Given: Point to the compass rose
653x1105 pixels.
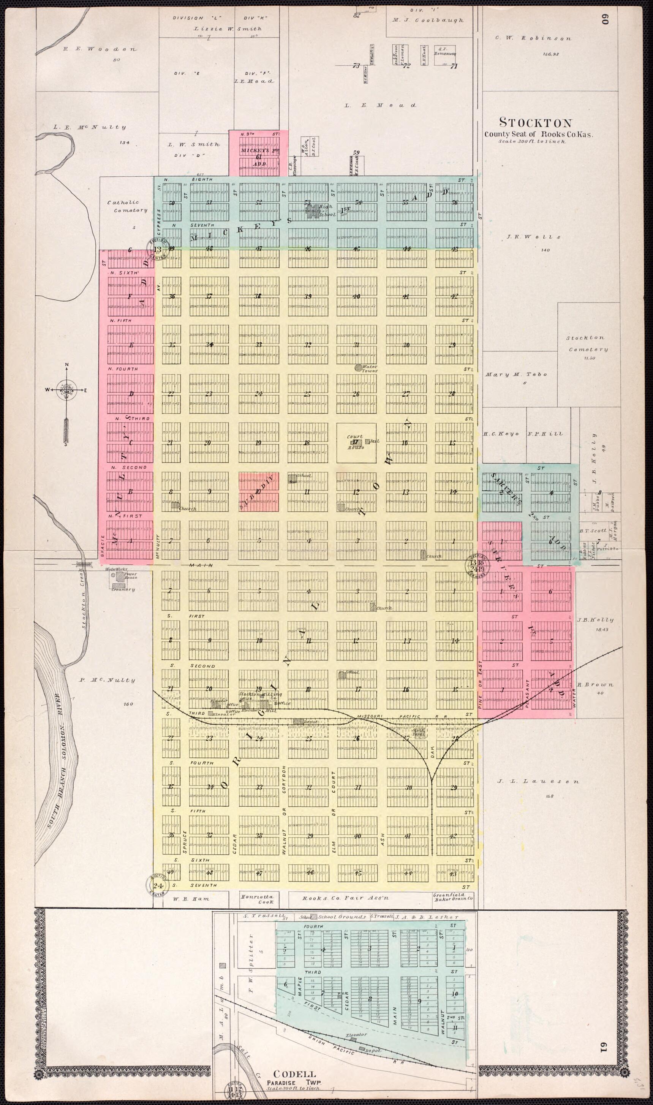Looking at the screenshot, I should [x=67, y=389].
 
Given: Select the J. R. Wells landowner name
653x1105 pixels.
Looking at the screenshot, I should [x=534, y=237].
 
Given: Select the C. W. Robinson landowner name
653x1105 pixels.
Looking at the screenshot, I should [x=533, y=38].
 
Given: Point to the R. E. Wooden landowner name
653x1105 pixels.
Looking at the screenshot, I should [x=100, y=49].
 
